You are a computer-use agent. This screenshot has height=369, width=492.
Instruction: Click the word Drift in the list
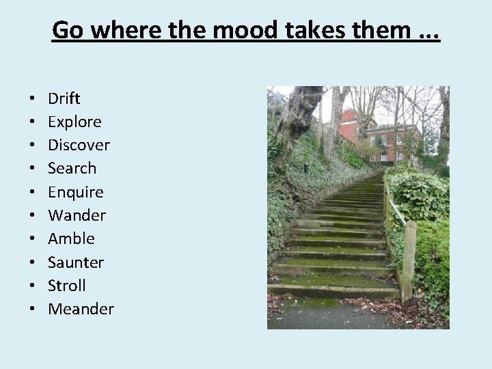point(64,98)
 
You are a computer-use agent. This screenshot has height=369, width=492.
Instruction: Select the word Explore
point(74,122)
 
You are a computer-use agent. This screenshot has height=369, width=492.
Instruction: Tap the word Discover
point(79,145)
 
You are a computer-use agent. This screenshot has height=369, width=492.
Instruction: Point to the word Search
point(72,168)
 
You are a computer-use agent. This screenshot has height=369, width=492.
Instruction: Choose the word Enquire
point(75,192)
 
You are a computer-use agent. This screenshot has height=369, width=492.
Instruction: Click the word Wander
point(77,215)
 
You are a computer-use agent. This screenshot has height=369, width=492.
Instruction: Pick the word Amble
point(71,238)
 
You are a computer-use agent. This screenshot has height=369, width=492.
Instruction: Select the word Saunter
point(76,262)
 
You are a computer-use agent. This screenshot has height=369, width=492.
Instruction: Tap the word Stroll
point(67,286)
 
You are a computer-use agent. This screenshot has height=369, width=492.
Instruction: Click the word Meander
point(81,309)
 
